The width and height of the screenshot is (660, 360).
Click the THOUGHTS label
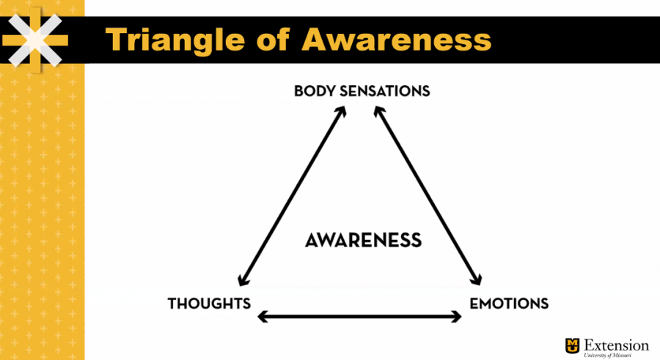pos(209,303)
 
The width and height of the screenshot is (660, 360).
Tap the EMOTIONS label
pos(509,303)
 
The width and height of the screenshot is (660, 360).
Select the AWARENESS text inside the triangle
pos(363,240)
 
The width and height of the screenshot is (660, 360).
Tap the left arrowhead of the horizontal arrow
pos(263,317)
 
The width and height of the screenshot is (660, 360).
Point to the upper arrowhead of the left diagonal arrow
pos(342,111)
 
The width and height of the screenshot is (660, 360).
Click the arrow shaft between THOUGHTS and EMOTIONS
pos(359,317)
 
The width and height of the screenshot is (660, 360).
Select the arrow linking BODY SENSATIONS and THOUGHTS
pos(292,196)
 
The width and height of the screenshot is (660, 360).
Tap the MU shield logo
pos(572,345)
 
